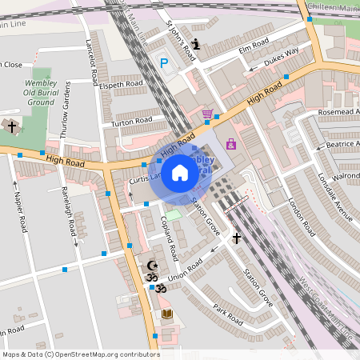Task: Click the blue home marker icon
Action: pyautogui.click(x=180, y=173)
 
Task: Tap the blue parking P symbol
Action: pyautogui.click(x=165, y=63)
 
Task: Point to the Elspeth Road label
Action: pyautogui.click(x=122, y=84)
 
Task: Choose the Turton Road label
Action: pyautogui.click(x=132, y=122)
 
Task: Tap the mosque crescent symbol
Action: pyautogui.click(x=151, y=266)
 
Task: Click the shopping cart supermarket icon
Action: pyautogui.click(x=208, y=114)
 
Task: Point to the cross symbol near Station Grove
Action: pyautogui.click(x=237, y=238)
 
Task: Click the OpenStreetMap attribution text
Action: pyautogui.click(x=81, y=354)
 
